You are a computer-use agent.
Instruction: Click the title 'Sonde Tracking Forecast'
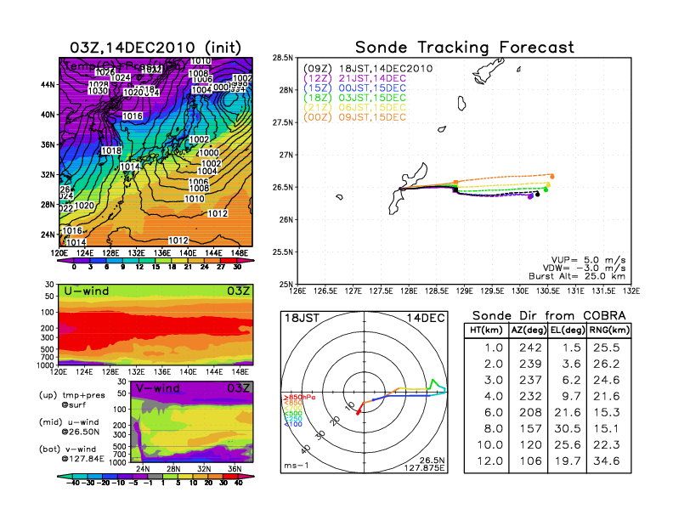tap(464, 47)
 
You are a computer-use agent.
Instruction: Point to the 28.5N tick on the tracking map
tap(282, 58)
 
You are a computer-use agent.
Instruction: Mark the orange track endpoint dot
tap(552, 176)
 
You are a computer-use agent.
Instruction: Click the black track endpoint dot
tap(536, 194)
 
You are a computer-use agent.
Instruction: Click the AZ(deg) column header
tap(529, 331)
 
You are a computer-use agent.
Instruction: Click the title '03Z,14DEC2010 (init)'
tap(155, 47)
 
